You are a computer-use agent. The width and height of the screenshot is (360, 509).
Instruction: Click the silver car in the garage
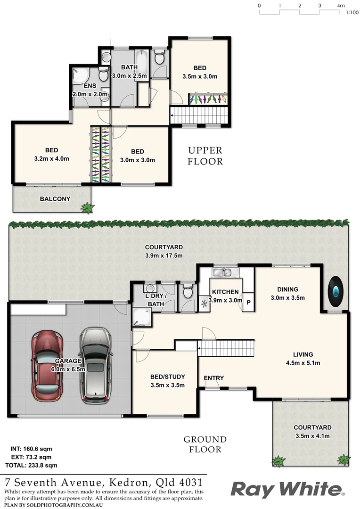(x=95, y=365)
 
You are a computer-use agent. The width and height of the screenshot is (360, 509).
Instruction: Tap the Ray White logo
(x=287, y=490)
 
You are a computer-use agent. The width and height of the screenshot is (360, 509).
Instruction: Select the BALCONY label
(x=55, y=199)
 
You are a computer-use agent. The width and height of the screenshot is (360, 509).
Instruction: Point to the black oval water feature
(x=335, y=292)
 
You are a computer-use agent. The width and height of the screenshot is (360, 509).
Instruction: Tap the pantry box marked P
(x=248, y=302)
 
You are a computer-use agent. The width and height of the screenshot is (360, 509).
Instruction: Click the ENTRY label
(x=213, y=378)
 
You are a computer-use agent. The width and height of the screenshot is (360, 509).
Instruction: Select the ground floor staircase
(x=226, y=349)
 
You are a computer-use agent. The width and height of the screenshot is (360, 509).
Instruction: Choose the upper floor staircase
(x=199, y=115)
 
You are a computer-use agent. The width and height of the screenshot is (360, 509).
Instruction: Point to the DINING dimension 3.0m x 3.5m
(x=287, y=297)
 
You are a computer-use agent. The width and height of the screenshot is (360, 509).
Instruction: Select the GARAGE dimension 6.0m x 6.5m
(x=69, y=369)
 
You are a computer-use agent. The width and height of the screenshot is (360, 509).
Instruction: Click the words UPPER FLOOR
(x=205, y=156)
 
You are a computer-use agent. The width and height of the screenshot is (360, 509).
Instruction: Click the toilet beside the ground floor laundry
(x=188, y=292)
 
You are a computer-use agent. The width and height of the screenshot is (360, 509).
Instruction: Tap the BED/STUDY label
(x=167, y=377)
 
